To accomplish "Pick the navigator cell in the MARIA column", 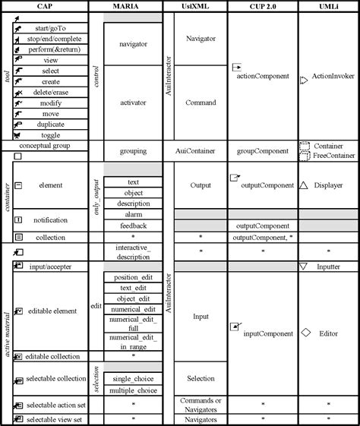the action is tap(134, 44).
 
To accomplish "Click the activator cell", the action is tap(134, 101).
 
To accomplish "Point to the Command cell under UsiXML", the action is tap(201, 101).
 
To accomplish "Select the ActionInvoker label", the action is tap(334, 77).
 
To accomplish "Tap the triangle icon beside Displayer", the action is tap(304, 184).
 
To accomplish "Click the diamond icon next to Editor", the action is tap(306, 333).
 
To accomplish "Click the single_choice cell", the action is tap(134, 378).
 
